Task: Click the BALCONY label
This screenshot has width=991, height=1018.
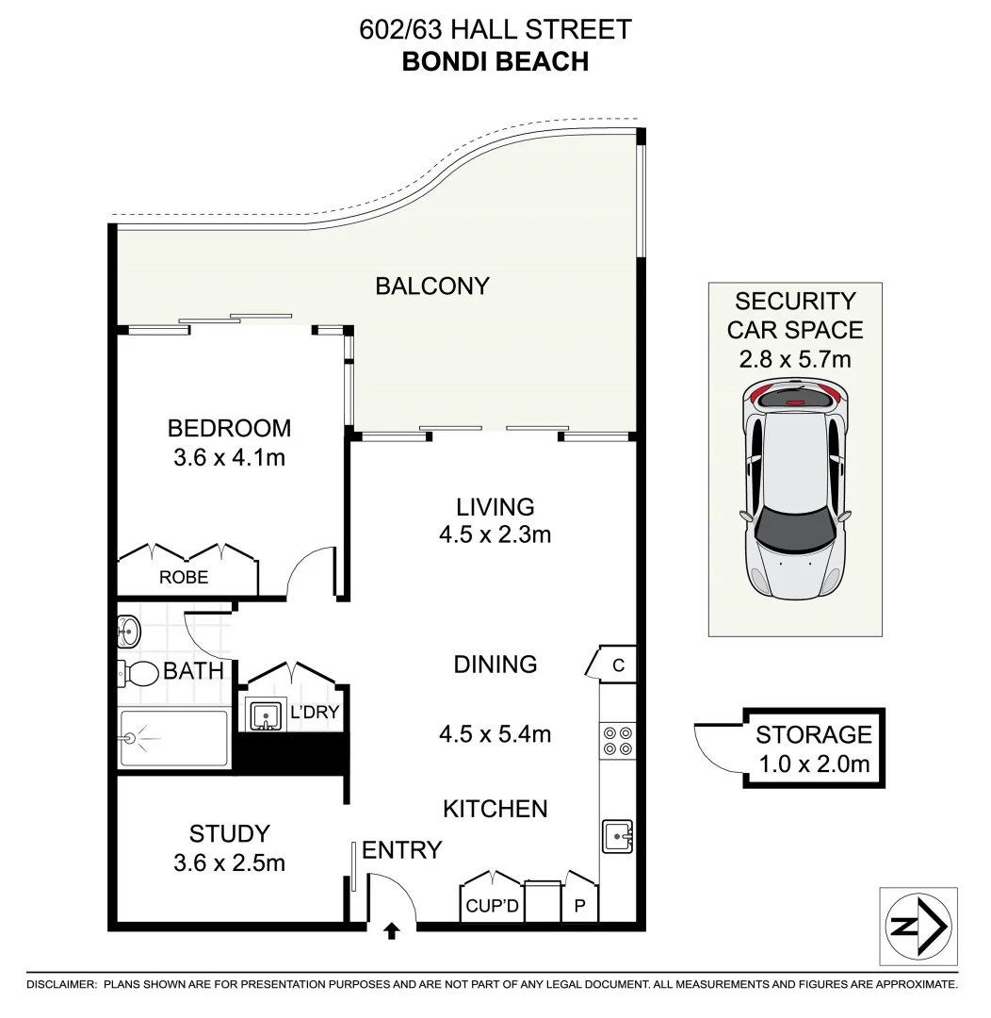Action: point(432,286)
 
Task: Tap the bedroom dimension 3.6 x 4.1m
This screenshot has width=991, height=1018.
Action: point(229,459)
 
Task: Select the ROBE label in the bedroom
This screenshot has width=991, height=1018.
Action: point(184,577)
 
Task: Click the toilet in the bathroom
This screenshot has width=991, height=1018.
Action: point(138,673)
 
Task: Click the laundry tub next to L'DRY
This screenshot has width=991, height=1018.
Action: point(265,715)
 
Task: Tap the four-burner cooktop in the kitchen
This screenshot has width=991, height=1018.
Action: point(617,741)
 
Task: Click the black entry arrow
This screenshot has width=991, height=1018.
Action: point(392,931)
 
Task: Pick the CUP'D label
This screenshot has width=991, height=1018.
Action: point(490,907)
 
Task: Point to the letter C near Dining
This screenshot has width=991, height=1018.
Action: point(618,665)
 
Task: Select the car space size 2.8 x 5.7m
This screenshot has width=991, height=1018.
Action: point(796,359)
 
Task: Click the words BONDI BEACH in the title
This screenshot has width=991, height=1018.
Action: point(495,61)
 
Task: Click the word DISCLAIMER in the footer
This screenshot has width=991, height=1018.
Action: point(61,984)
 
